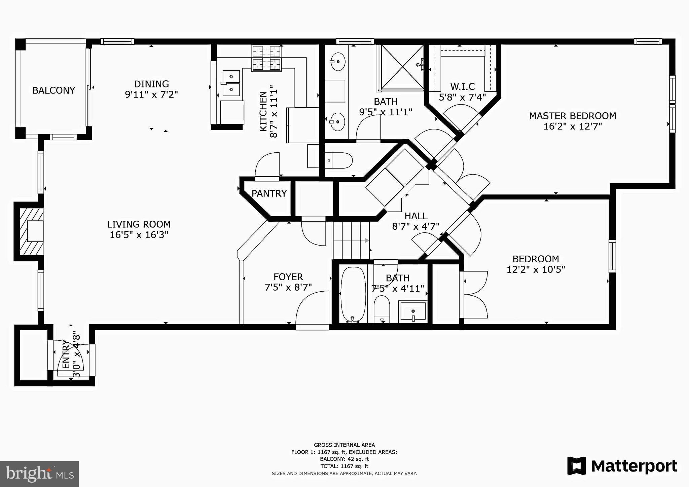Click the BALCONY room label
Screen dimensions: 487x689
[x=53, y=90]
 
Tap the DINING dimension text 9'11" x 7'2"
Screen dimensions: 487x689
[x=151, y=95]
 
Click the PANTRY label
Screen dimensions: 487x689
[x=269, y=193]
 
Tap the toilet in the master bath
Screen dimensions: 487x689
[x=339, y=160]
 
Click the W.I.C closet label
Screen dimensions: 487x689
[x=463, y=87]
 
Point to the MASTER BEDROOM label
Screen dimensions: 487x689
[x=573, y=116]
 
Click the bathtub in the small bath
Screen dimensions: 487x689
[x=353, y=295]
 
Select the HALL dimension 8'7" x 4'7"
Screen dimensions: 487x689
[x=416, y=227]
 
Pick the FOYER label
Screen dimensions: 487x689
[x=288, y=277]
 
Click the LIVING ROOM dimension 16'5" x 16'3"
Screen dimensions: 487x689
[x=139, y=235]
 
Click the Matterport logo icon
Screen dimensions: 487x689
[x=577, y=466]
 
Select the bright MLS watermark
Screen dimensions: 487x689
[x=40, y=474]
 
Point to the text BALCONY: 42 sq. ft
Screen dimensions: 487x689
[x=344, y=459]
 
